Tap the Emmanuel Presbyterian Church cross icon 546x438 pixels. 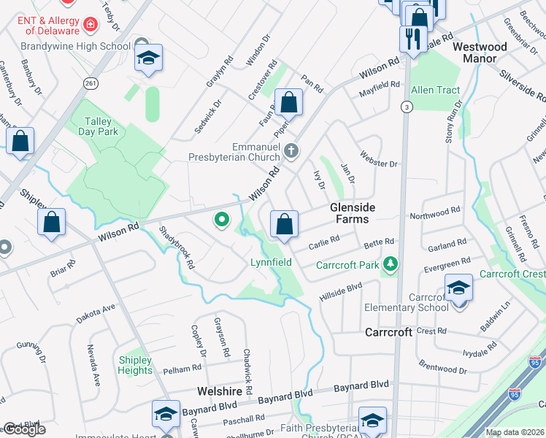click(x=291, y=151)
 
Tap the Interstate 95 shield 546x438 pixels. click(x=536, y=362)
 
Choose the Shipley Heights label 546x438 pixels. click(x=135, y=365)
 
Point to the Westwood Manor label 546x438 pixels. click(x=480, y=52)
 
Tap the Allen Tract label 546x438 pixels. click(x=436, y=91)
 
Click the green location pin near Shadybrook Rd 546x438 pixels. click(x=221, y=218)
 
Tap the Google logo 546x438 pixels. click(x=24, y=430)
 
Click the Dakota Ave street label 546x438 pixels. click(x=96, y=315)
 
